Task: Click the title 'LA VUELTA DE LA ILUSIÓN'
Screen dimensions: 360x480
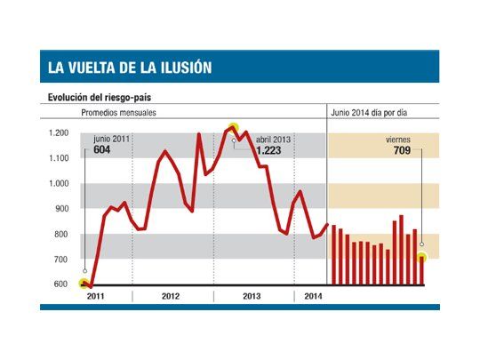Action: (130, 68)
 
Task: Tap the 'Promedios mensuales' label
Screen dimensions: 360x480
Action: (120, 113)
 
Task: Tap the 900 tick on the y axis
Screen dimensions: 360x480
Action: (60, 209)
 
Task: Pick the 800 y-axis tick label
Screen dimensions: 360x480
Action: (60, 235)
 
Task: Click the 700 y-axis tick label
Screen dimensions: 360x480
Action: (60, 260)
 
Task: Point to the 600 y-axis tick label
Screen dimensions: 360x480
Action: (60, 284)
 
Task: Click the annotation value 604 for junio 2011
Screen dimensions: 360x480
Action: (103, 150)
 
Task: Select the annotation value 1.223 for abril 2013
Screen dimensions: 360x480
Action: (269, 151)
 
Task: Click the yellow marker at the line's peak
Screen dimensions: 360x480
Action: (233, 128)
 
